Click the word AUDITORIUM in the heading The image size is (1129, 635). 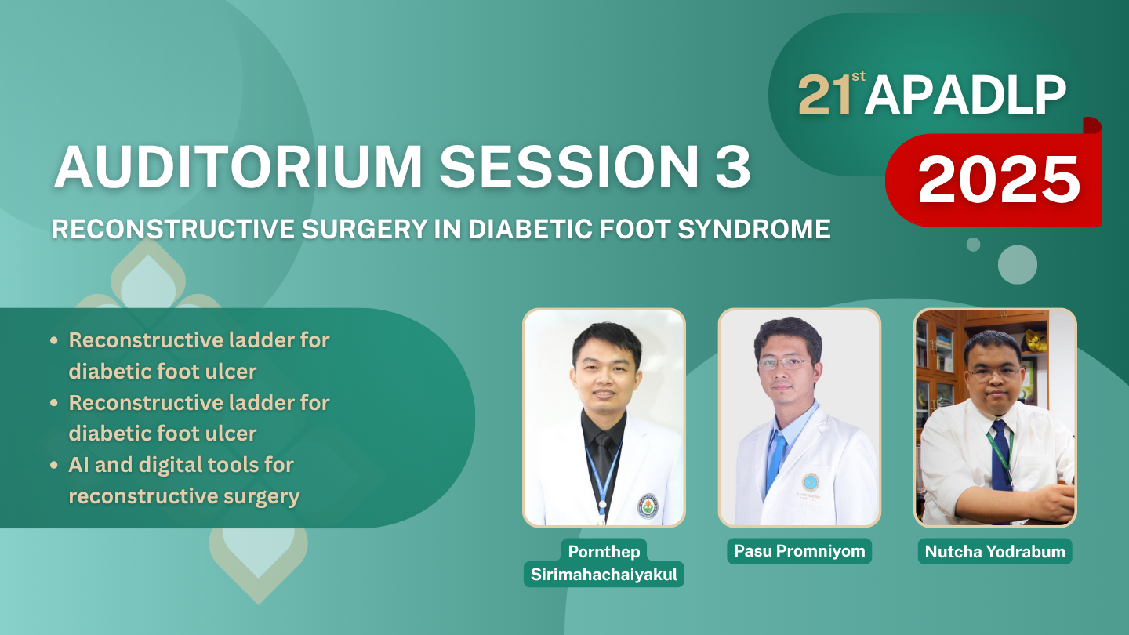click(x=238, y=167)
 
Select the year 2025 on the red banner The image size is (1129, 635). click(x=999, y=179)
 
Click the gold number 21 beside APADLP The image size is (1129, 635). click(x=825, y=96)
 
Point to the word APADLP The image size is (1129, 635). click(x=965, y=96)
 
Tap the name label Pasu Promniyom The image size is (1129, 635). click(x=800, y=551)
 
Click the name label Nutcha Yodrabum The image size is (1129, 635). click(x=995, y=551)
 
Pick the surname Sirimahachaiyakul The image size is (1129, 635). click(x=604, y=575)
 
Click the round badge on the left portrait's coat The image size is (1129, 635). click(x=648, y=506)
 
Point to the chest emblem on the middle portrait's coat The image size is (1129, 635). click(x=810, y=482)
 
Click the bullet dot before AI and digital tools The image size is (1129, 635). click(x=54, y=465)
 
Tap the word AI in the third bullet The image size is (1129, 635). click(x=78, y=465)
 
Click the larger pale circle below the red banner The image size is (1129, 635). click(x=1018, y=265)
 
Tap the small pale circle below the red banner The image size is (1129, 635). click(x=973, y=245)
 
